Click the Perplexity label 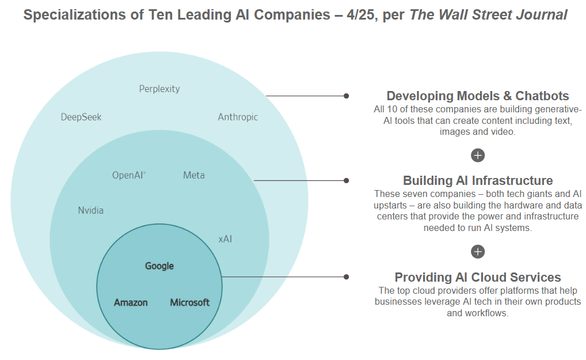[x=159, y=89]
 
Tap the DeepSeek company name [x=81, y=117]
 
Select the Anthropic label [x=238, y=117]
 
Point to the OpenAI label [x=128, y=175]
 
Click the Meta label [x=193, y=175]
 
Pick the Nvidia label [x=91, y=210]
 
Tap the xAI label [x=225, y=238]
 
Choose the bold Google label [x=159, y=266]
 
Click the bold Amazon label [x=131, y=302]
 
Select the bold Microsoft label [x=190, y=302]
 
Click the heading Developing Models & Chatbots [x=478, y=96]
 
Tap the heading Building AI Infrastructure [x=478, y=181]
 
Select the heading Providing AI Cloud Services [x=478, y=278]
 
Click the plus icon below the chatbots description [x=478, y=155]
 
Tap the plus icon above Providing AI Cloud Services [x=478, y=252]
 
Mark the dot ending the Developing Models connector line [x=346, y=96]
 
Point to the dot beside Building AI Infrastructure [x=346, y=180]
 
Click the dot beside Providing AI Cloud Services [x=346, y=276]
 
